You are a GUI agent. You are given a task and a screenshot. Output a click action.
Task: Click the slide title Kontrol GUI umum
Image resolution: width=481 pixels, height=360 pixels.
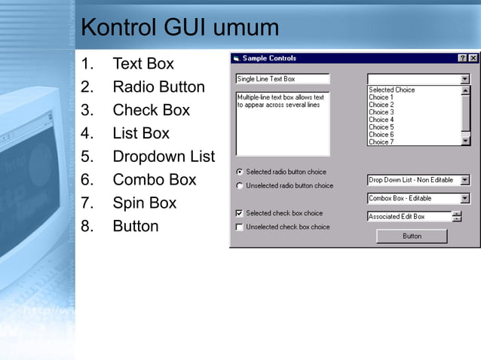pos(179,28)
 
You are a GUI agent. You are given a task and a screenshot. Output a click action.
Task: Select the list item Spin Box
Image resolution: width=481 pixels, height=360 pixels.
pos(144,203)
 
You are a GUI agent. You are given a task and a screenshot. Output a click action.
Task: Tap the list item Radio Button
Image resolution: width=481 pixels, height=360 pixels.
pos(158,87)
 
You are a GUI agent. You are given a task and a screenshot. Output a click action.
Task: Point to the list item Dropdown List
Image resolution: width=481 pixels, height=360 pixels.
pos(164,157)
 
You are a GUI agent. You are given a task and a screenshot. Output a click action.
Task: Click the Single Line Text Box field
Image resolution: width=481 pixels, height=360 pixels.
pos(282,78)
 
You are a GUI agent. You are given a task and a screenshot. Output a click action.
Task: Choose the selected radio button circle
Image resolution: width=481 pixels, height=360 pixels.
pos(240,172)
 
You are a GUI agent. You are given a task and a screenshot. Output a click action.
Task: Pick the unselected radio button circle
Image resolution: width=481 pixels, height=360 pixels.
pos(240,185)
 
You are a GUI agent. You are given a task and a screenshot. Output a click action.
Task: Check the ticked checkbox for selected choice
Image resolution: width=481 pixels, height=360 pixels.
pos(240,213)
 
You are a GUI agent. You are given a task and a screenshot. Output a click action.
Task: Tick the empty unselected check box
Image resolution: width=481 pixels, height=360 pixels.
pos(240,227)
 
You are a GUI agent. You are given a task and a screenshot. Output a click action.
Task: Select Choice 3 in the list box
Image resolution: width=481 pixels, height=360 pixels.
pos(381,112)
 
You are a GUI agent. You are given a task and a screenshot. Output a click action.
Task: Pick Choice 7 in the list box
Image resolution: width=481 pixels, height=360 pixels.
pos(381,142)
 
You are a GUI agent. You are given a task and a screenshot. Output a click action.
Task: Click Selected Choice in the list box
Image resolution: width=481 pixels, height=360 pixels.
pos(391,90)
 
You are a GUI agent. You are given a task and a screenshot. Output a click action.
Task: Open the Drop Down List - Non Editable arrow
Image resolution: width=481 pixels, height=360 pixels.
pos(465,180)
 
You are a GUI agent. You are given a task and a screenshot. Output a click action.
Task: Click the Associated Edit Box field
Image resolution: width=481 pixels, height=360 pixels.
pos(408,217)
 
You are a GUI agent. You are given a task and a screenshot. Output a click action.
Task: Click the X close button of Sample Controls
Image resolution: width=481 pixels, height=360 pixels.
pos(473,58)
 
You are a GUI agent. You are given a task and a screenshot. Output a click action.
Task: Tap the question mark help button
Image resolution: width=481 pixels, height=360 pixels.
pos(462,58)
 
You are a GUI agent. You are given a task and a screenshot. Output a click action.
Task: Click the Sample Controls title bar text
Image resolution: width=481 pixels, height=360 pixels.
pos(269,58)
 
